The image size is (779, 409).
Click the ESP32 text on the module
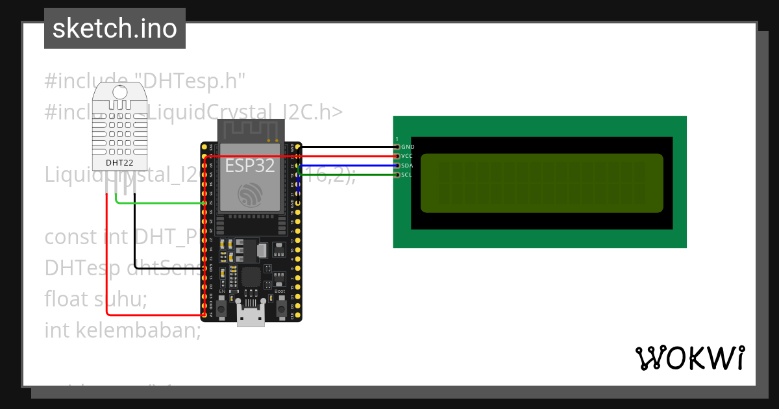pos(250,166)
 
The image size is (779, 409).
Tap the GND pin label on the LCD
pos(408,147)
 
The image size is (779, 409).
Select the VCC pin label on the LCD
pos(407,156)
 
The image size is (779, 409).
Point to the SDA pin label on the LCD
pos(407,166)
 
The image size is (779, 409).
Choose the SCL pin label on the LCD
pos(406,175)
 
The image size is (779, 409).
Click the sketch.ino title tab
pos(115,29)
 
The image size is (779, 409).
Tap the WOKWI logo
pos(690,358)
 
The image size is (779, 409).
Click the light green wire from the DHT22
pos(162,203)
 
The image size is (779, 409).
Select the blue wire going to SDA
pos(347,166)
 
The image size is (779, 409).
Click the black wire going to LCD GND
pos(347,147)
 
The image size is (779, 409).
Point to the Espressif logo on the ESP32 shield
pos(250,195)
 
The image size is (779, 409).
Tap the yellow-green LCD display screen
pos(542,183)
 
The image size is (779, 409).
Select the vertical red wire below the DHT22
pos(107,260)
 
